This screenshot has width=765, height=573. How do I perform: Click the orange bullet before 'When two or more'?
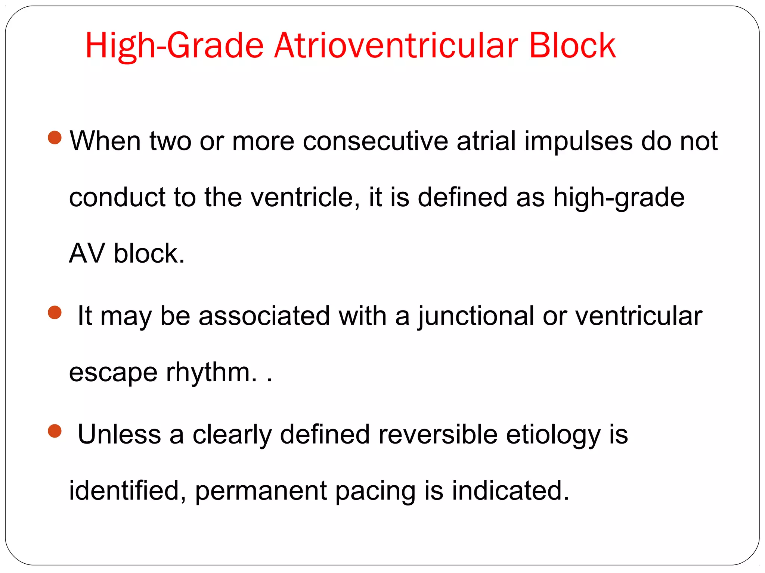[x=55, y=137]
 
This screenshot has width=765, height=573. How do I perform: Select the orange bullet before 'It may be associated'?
[x=55, y=312]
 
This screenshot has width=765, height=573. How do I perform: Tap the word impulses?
[x=578, y=142]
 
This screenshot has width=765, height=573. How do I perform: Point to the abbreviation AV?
[x=87, y=253]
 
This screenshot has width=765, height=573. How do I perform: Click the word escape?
[x=113, y=373]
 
